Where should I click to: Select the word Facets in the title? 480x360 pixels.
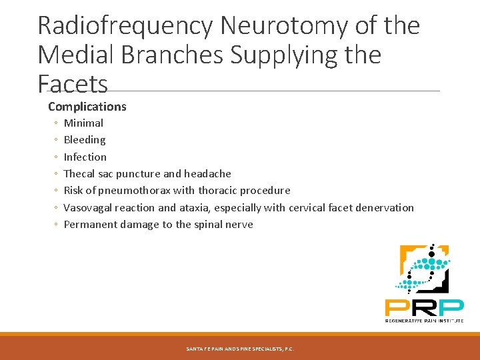tap(73, 85)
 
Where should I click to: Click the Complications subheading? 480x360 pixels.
tap(87, 107)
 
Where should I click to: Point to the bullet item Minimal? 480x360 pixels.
tap(83, 123)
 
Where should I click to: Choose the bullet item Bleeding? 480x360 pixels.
tap(85, 140)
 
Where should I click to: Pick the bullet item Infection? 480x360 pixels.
tap(85, 157)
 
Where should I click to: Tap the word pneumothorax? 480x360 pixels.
tap(137, 191)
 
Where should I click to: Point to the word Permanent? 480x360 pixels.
tap(90, 225)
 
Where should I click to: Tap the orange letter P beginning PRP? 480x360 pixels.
tap(397, 307)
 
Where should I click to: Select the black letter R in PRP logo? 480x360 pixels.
tap(424, 307)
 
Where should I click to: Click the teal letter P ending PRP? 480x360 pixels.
tap(451, 307)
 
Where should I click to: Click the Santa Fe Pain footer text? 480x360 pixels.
tap(240, 349)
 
